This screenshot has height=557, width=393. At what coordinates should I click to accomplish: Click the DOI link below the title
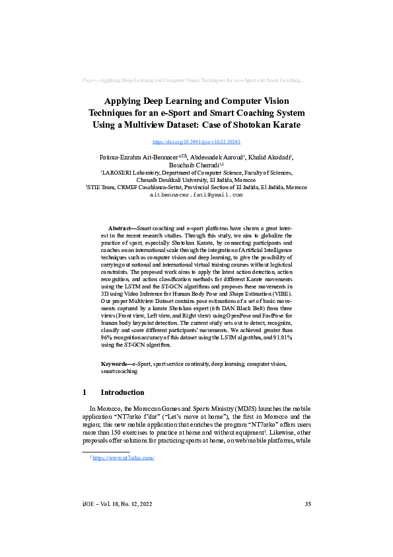point(196,142)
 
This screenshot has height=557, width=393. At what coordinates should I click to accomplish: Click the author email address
point(196,195)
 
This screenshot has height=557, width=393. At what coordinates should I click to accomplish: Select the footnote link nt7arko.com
point(123,457)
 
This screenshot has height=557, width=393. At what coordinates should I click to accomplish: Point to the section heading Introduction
point(126,392)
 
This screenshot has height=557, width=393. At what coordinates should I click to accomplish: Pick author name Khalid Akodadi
point(272,157)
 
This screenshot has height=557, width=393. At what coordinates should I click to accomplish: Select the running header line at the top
point(196,80)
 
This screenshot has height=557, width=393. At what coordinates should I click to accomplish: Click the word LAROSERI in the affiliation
point(118,172)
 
